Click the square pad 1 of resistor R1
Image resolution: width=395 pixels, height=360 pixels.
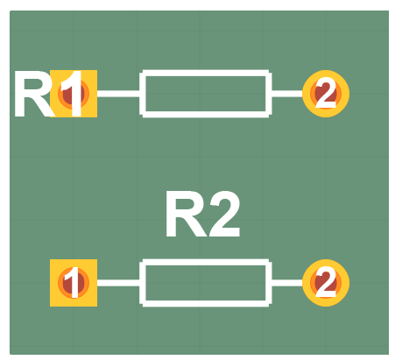point(74,93)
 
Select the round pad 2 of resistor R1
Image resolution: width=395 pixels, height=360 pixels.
point(326,93)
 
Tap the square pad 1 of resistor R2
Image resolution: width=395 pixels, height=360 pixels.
point(74,283)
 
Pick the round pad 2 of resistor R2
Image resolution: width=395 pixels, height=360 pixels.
point(326,283)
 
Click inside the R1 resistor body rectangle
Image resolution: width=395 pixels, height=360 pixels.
point(205,93)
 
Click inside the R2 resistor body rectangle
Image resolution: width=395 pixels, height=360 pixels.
point(205,283)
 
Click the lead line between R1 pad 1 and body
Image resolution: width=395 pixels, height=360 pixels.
point(119,93)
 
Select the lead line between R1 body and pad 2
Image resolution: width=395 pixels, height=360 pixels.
point(286,93)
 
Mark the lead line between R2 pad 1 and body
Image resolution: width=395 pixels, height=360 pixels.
point(119,283)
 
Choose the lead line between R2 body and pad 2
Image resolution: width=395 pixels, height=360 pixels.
point(286,283)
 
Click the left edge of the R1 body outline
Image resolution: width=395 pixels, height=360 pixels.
point(144,93)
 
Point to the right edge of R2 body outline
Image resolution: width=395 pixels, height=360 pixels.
point(266,283)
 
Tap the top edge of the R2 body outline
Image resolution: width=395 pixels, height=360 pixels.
point(205,262)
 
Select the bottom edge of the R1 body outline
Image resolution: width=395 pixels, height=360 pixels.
point(205,113)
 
